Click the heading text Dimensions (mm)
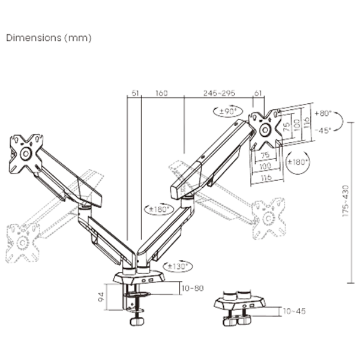click(49, 38)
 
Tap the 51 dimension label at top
click(135, 93)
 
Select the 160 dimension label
click(161, 93)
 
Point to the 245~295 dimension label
click(219, 93)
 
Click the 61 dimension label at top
click(258, 93)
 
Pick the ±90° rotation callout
click(228, 112)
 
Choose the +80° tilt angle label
click(323, 113)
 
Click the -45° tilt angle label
click(323, 130)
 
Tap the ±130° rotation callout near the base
click(178, 266)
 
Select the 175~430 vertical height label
click(346, 201)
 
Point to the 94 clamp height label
click(101, 297)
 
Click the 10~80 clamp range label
click(193, 288)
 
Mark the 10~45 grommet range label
click(295, 311)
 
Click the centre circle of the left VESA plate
click(26, 154)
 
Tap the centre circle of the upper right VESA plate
click(265, 130)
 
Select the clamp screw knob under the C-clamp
click(137, 321)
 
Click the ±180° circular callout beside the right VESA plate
click(298, 162)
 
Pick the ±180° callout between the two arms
click(159, 209)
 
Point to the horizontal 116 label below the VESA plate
click(266, 177)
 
